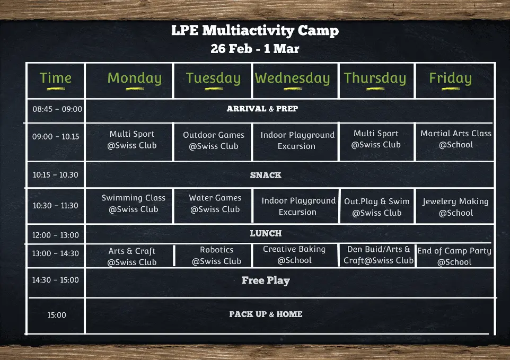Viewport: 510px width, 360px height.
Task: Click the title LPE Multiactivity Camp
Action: tap(255, 31)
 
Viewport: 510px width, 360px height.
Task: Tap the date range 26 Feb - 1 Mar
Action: tap(255, 49)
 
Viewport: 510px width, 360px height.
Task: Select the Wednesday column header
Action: tap(293, 78)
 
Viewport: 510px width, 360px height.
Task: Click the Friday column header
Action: tap(451, 78)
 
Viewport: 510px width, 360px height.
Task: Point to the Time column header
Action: tap(55, 78)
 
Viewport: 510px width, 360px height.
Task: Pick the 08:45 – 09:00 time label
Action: tap(57, 109)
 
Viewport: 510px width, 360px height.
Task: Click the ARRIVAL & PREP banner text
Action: tap(262, 109)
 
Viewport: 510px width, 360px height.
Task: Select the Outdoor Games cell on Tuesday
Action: tap(213, 141)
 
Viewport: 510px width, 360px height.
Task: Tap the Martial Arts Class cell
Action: tap(456, 139)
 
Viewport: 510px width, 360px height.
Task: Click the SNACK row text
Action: tap(266, 175)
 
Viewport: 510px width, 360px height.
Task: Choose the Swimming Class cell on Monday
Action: tap(134, 203)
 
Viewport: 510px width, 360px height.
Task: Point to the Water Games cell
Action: tap(215, 203)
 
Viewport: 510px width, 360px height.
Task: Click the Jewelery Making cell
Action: tap(456, 207)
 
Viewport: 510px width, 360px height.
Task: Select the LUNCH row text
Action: tap(266, 233)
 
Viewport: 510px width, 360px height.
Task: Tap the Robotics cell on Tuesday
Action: tap(217, 255)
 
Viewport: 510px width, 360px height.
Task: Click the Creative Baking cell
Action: tap(294, 254)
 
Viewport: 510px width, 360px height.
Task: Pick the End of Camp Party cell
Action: tap(454, 256)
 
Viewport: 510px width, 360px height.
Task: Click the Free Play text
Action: tap(266, 280)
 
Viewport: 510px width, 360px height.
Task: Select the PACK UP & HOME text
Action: tap(266, 314)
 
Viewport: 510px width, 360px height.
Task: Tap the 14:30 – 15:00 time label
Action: tap(55, 279)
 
